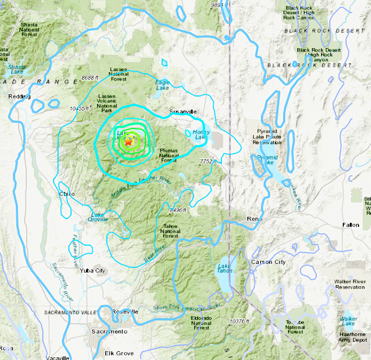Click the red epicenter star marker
[129, 142]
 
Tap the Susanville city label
[182, 111]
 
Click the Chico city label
[66, 194]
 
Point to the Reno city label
[254, 219]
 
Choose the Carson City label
[268, 262]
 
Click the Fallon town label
[350, 224]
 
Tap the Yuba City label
[92, 270]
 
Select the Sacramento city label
[109, 331]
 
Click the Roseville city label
[125, 312]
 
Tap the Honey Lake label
[200, 134]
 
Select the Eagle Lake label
[163, 85]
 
